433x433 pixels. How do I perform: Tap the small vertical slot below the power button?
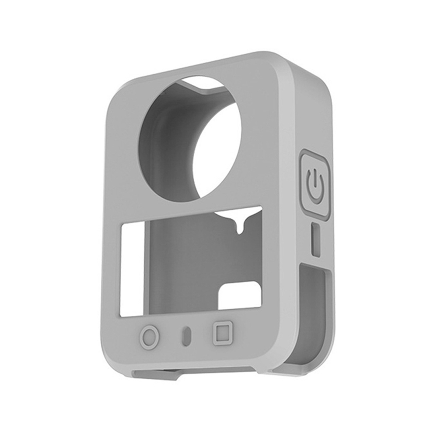coord(315,239)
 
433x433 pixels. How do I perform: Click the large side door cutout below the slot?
coord(313,315)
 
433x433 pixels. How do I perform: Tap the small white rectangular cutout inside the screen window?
coord(240,296)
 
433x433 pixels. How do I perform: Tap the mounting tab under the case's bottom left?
coord(155,374)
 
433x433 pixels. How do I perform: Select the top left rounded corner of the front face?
coord(116,94)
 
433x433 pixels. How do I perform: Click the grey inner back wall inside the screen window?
coord(184,271)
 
